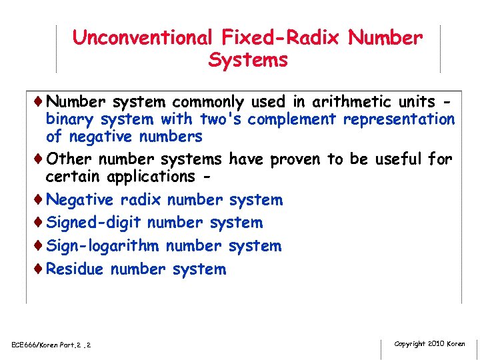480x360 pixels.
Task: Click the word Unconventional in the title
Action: [x=141, y=38]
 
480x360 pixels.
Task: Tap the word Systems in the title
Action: [x=248, y=60]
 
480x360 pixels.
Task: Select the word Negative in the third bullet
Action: [x=81, y=200]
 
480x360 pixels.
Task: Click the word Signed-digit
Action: [x=94, y=223]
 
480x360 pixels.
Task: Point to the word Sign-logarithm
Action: [x=103, y=246]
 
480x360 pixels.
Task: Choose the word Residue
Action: [x=75, y=269]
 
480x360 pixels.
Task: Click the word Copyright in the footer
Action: [x=410, y=344]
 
